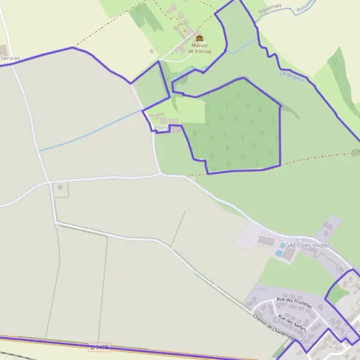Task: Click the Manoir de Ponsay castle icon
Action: (199, 39)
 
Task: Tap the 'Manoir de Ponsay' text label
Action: (199, 48)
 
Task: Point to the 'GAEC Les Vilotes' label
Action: (308, 245)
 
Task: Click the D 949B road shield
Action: (101, 347)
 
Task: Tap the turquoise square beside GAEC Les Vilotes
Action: (283, 245)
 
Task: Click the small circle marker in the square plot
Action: (59, 188)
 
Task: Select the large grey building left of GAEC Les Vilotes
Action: (266, 240)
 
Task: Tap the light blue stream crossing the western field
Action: (90, 130)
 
